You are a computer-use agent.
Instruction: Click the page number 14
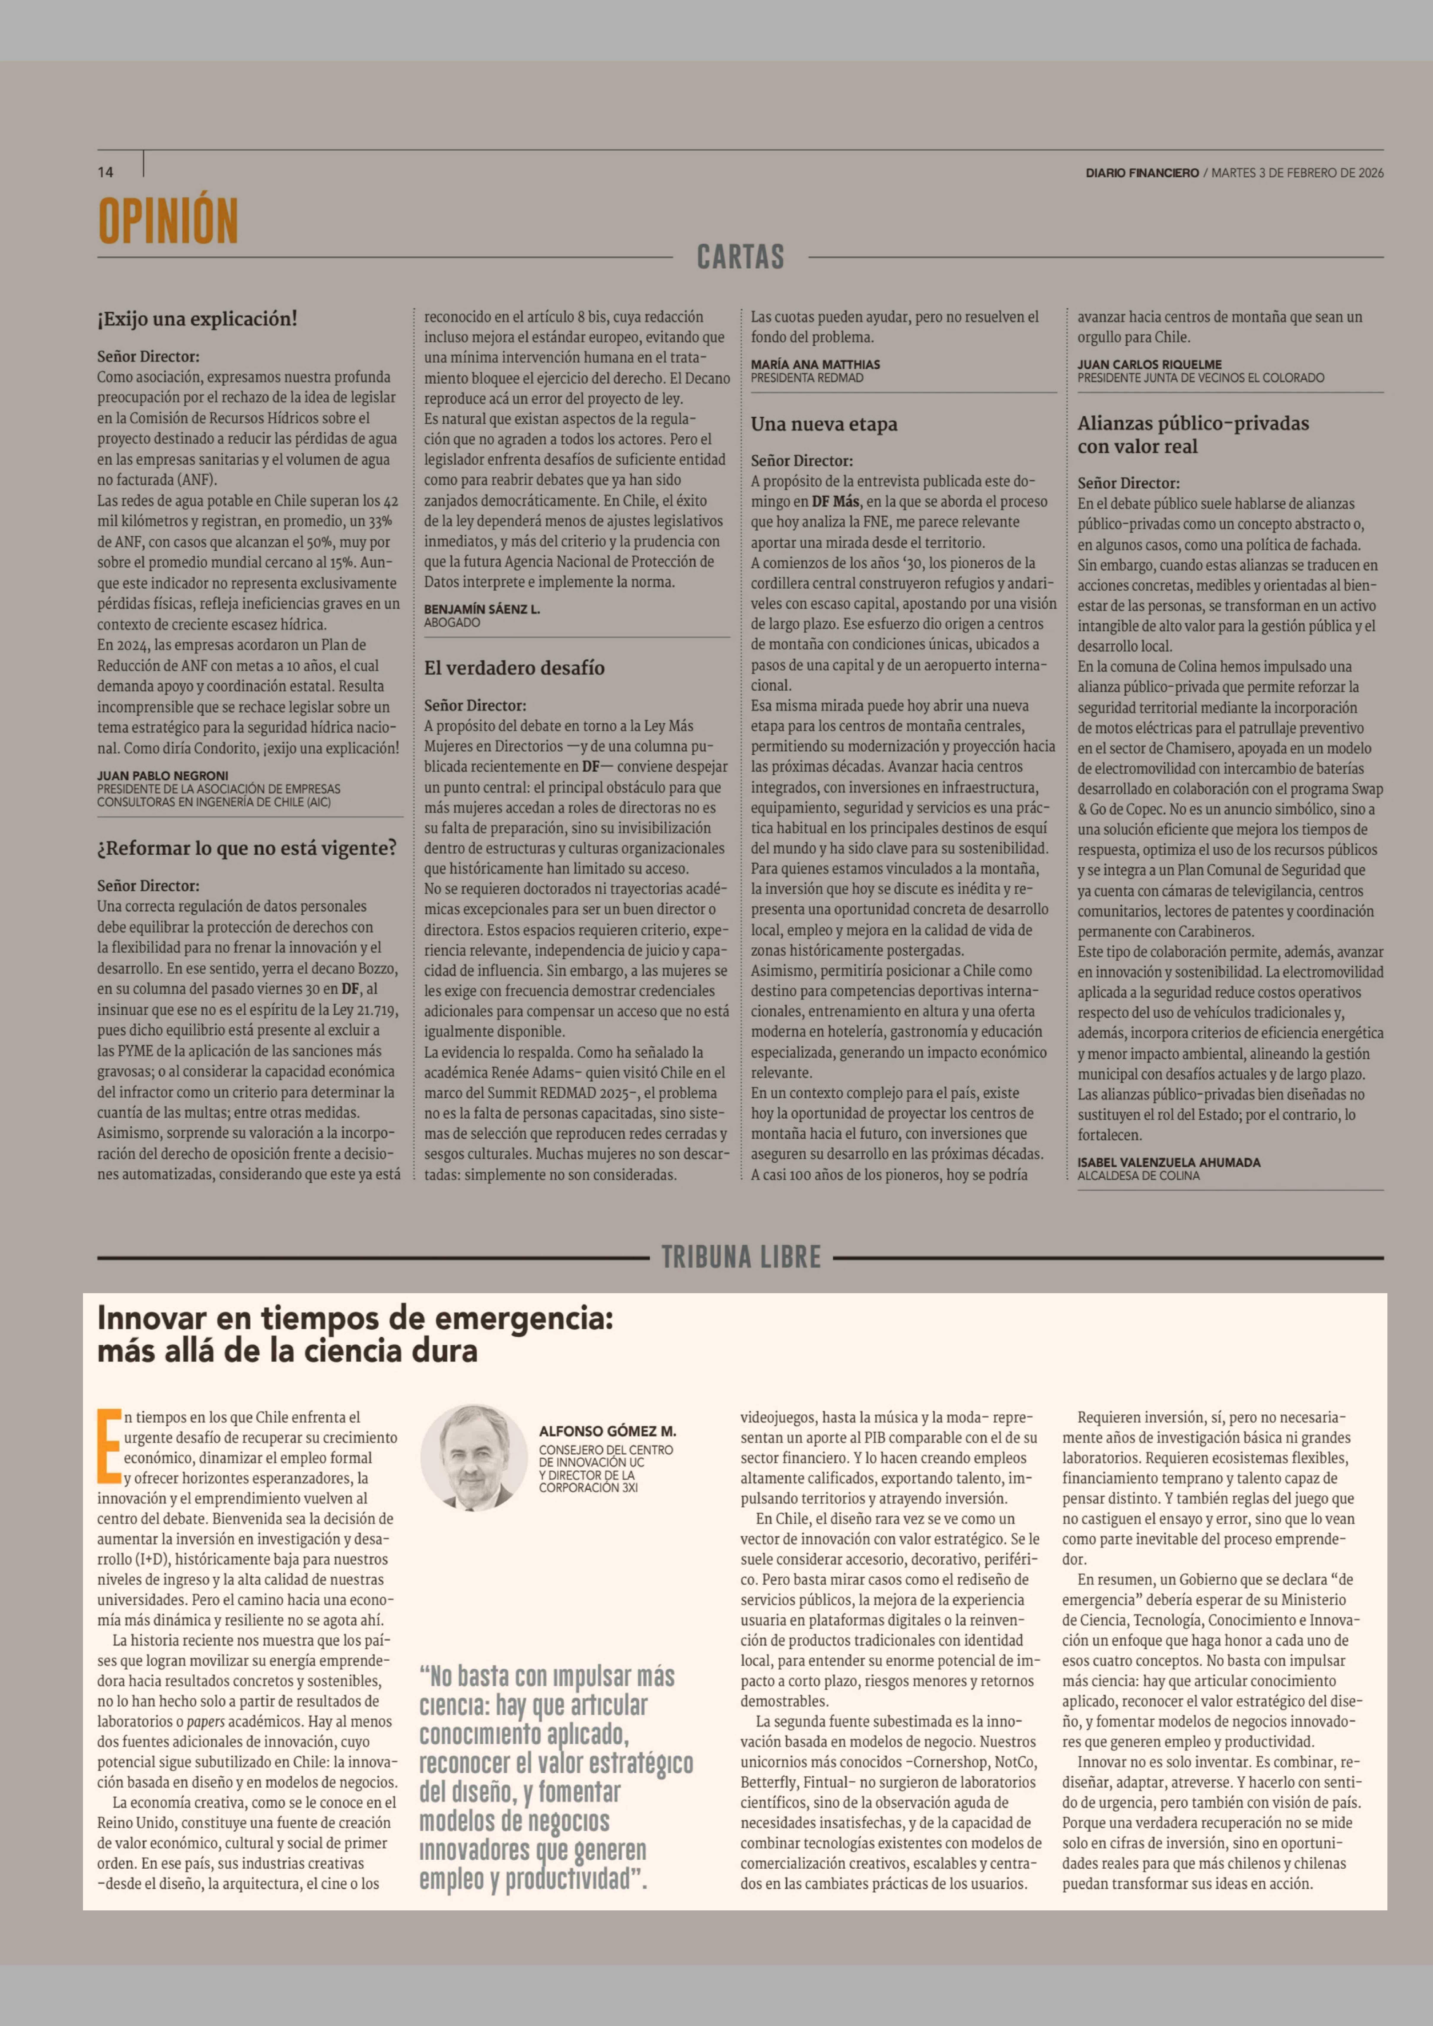105,172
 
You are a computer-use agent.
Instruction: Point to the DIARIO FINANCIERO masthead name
1142,173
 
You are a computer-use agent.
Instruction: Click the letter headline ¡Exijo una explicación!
197,319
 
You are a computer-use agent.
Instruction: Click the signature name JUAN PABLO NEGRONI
162,776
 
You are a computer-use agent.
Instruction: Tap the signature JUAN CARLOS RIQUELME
1149,364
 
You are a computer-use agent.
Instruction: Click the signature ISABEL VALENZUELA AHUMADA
1168,1162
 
